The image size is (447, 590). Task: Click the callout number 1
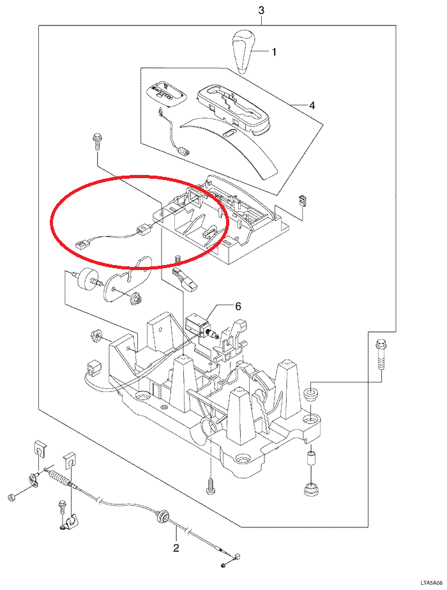pos(274,52)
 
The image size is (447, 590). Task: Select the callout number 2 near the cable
pos(176,547)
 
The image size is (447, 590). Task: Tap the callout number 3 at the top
pos(261,10)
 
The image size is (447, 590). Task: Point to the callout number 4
pos(312,105)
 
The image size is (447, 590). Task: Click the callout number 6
pos(238,306)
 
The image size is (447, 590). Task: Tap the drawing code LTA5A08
pos(432,584)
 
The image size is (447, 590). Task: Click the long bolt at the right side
pos(381,354)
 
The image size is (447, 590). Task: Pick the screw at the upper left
pos(96,142)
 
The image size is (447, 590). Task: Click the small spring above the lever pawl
pos(178,261)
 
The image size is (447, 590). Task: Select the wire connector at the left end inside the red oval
pos(81,245)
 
